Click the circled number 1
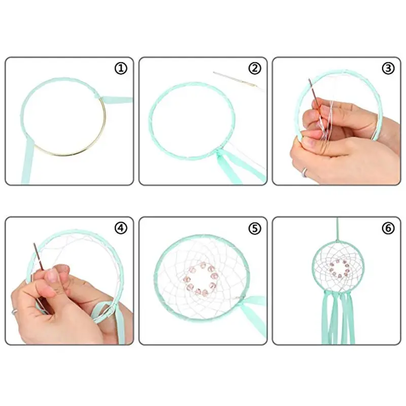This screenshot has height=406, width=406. click(x=121, y=69)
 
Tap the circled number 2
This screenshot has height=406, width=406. click(x=255, y=69)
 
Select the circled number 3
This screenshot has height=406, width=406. click(x=388, y=69)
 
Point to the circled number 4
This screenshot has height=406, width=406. click(x=121, y=228)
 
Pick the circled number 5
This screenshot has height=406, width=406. click(x=255, y=228)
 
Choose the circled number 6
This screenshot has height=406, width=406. click(x=388, y=228)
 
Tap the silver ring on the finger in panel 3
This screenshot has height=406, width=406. click(x=305, y=172)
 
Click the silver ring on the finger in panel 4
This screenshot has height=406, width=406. click(x=15, y=312)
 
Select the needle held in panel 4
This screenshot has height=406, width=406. click(x=38, y=256)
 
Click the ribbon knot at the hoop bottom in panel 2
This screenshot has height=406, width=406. click(x=219, y=153)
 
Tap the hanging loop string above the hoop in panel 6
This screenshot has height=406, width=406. click(x=337, y=228)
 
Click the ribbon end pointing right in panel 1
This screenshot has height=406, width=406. click(x=117, y=99)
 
